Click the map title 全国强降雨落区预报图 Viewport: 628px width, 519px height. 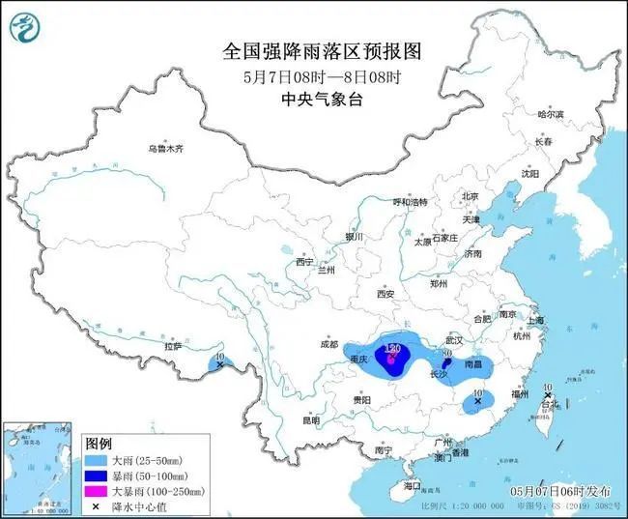(x=314, y=50)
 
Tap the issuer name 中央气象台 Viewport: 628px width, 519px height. (x=314, y=98)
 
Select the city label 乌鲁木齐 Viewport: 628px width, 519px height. (x=165, y=149)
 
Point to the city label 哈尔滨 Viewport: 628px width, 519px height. (x=549, y=114)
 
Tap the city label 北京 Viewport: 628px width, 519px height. (x=471, y=196)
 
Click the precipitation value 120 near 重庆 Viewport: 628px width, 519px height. (x=392, y=347)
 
